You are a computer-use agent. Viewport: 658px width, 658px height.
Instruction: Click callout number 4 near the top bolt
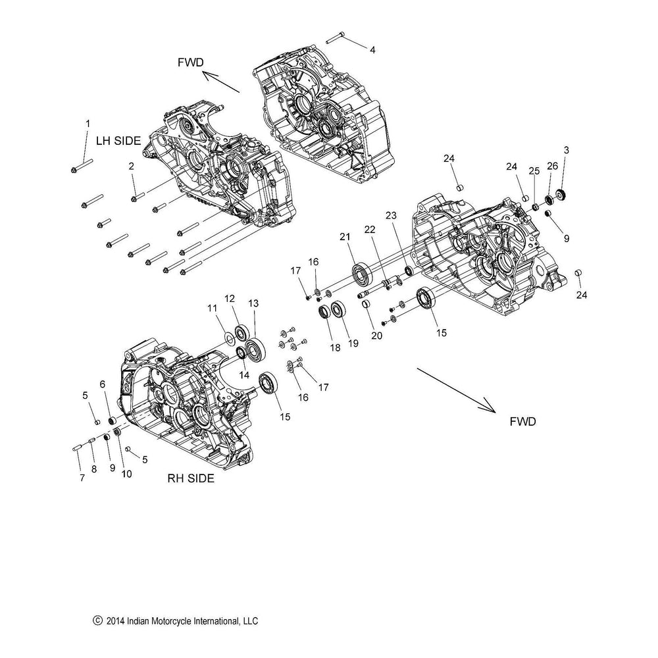[x=372, y=50]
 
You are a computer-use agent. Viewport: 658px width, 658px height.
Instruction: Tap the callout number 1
[x=87, y=124]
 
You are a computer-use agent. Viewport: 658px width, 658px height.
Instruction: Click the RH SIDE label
[x=191, y=478]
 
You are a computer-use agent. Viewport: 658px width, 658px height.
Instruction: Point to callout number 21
[x=344, y=237]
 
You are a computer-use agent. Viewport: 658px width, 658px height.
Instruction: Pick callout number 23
[x=391, y=215]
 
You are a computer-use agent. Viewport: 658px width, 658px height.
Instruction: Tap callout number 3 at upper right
[x=566, y=150]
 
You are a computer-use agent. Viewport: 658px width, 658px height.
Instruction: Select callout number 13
[x=253, y=303]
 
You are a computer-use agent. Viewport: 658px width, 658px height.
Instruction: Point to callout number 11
[x=212, y=308]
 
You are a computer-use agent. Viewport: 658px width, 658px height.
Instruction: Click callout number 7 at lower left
[x=82, y=478]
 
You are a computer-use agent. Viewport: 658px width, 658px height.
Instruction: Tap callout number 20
[x=376, y=336]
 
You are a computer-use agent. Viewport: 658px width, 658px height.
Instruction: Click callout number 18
[x=336, y=348]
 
